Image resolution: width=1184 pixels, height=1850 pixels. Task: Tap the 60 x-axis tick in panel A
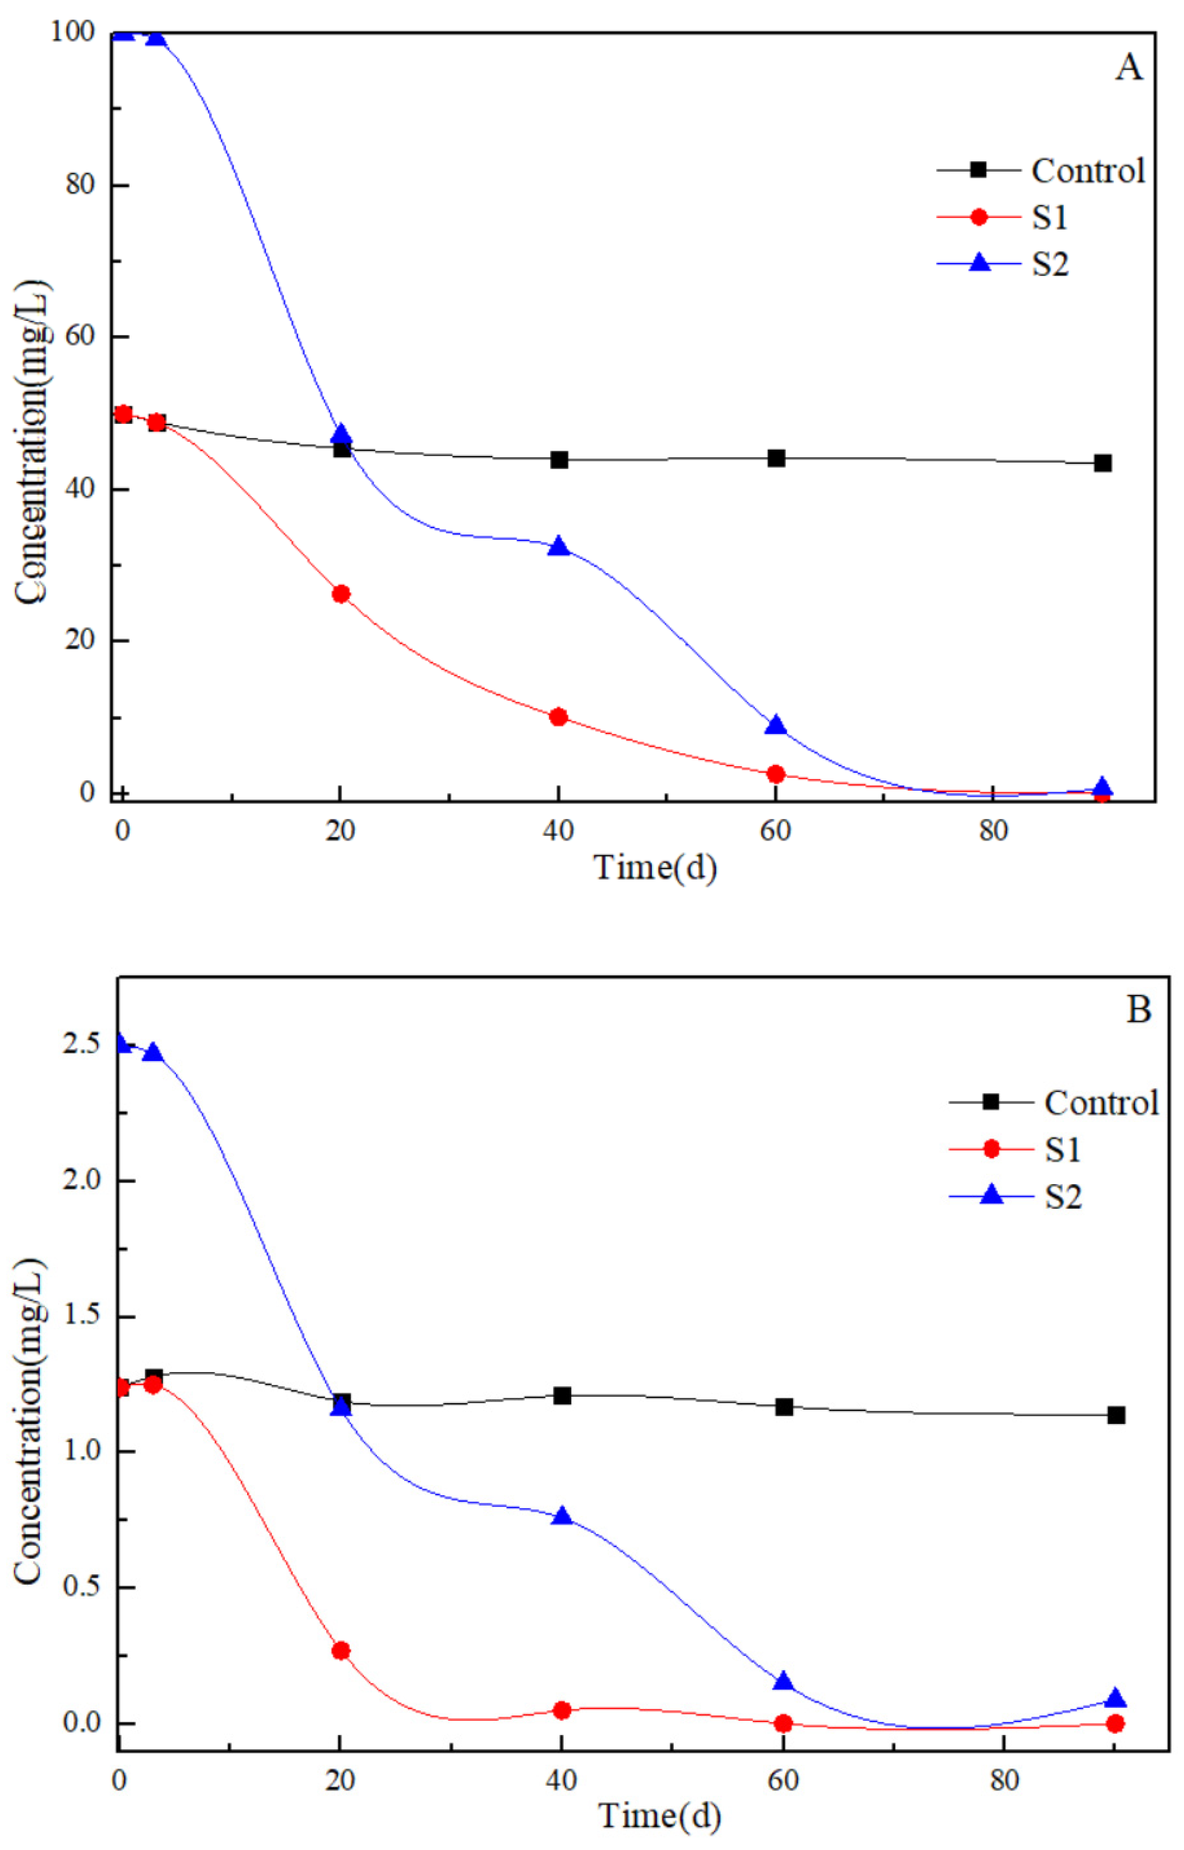coord(776,832)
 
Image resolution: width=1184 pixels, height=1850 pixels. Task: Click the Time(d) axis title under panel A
coord(655,868)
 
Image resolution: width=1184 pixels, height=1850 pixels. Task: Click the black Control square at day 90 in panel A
coord(1102,463)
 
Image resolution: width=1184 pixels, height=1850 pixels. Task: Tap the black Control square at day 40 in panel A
coord(559,460)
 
